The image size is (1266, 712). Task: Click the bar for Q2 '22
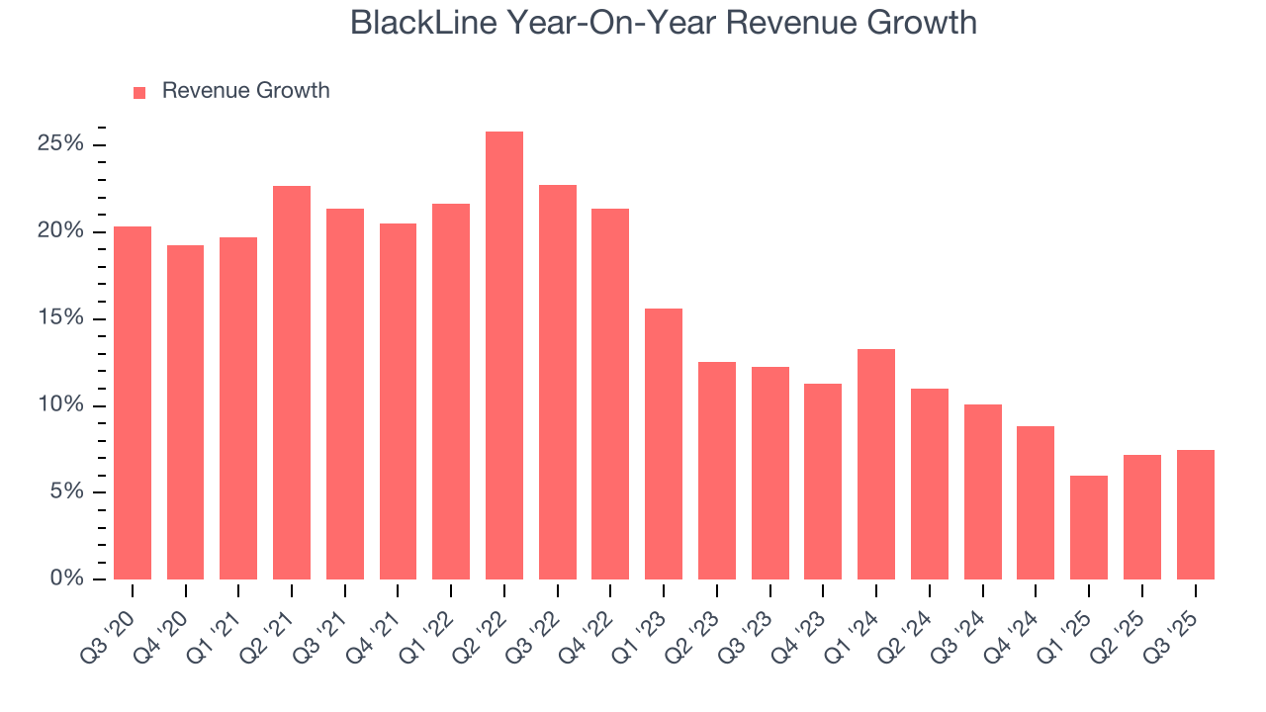click(503, 355)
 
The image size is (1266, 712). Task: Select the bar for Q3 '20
click(133, 402)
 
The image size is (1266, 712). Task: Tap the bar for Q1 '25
click(1089, 527)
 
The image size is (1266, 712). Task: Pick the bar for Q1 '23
click(664, 444)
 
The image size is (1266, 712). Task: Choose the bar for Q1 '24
click(876, 464)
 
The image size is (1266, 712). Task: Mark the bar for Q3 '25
click(1195, 514)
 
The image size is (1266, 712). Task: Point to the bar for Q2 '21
click(292, 383)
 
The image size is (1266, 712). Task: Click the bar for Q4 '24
click(1036, 502)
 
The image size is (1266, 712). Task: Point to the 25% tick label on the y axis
click(60, 144)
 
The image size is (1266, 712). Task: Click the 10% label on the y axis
click(60, 405)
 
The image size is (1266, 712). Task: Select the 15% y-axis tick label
click(60, 318)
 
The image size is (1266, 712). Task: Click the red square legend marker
click(139, 92)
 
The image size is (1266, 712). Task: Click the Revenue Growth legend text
click(245, 91)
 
